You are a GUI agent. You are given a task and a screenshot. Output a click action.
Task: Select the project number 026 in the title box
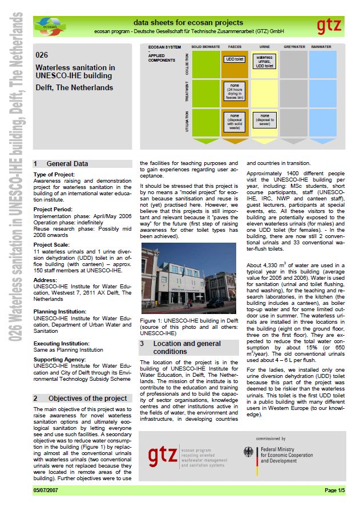(41, 55)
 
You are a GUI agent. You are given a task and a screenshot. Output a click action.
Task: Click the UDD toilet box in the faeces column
(234, 58)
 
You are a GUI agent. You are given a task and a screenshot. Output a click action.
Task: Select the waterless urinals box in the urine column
(265, 61)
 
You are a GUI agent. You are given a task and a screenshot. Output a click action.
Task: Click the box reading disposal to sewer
(265, 118)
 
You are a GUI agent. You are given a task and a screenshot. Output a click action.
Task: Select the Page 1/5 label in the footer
(334, 490)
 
